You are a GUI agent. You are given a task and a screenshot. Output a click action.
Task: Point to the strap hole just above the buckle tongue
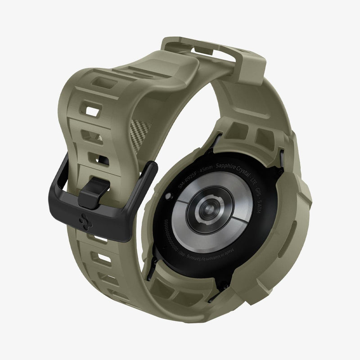click(x=101, y=157)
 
